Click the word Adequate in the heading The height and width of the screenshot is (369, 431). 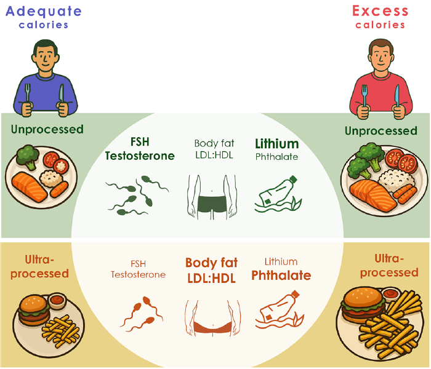44,12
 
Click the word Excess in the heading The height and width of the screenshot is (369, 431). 381,11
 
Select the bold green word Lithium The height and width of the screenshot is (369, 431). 277,143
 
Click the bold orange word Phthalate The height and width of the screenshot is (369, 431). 281,276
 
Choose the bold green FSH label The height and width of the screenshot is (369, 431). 140,142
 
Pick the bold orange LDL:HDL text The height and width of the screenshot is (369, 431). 212,279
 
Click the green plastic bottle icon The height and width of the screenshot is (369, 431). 278,194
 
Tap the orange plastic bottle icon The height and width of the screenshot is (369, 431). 280,310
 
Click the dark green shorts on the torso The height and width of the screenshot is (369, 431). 212,204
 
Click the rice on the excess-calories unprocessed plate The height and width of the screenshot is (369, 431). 396,179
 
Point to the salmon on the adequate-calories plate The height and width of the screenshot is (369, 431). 29,187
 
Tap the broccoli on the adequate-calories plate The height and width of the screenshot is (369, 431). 27,156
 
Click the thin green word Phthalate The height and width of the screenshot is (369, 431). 277,157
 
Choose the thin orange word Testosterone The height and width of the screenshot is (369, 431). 139,274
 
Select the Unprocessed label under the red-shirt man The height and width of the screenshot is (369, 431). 381,131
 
